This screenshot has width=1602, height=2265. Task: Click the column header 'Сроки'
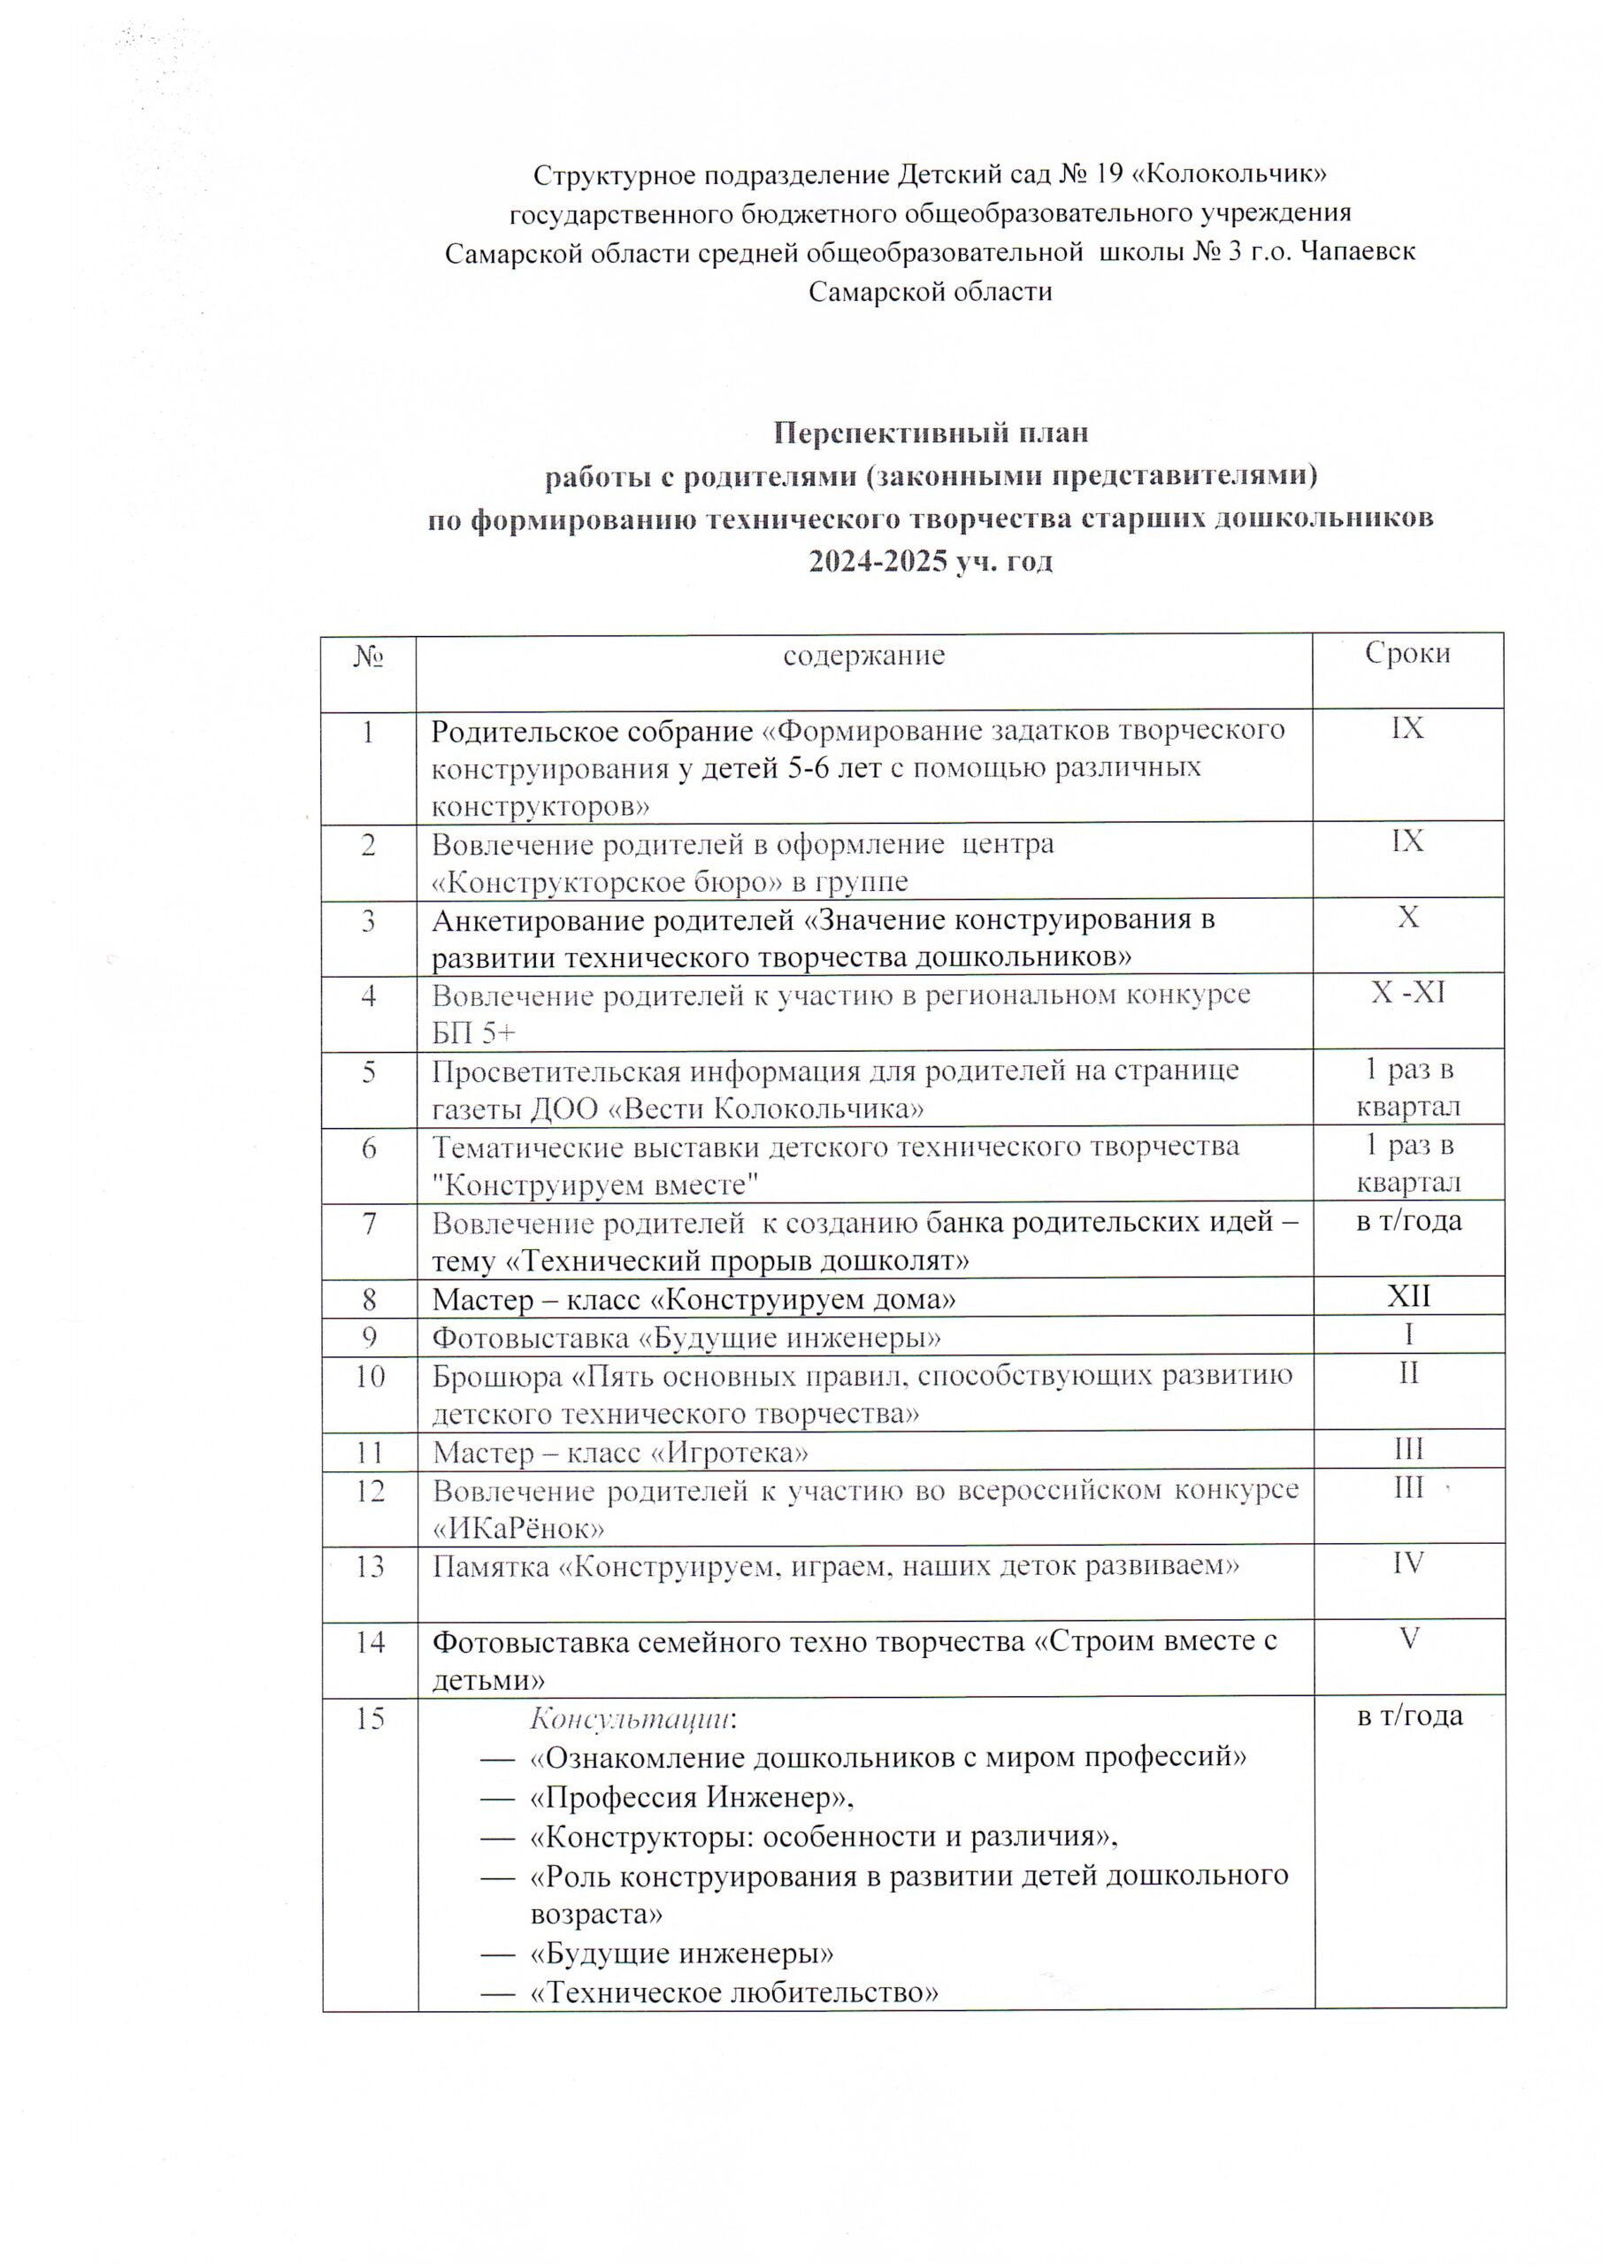point(1407,653)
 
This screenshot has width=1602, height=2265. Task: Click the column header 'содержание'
point(863,655)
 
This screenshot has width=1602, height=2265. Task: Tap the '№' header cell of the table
point(368,655)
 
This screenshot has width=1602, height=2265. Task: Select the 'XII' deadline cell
point(1407,1296)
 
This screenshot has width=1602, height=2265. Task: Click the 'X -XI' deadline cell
point(1407,993)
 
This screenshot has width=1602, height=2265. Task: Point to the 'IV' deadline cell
point(1407,1562)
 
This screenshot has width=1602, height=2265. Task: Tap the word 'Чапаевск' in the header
point(1359,252)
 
